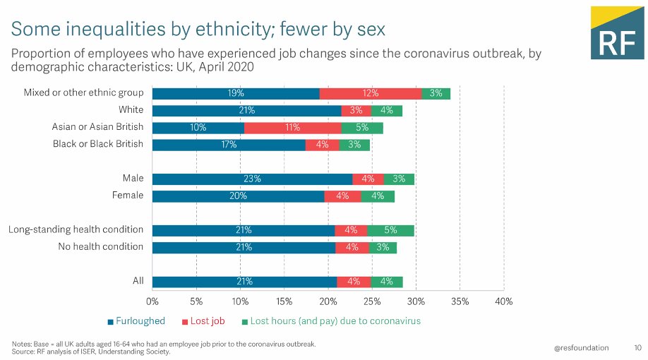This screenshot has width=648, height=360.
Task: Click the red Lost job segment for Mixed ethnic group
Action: tap(371, 94)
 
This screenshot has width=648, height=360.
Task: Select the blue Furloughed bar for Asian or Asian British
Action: tap(198, 128)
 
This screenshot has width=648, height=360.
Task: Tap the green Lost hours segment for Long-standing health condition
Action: tap(390, 230)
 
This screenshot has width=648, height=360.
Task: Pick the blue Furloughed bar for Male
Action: tap(252, 179)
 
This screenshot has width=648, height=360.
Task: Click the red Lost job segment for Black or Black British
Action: tap(323, 145)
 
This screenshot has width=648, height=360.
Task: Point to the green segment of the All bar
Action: tap(386, 282)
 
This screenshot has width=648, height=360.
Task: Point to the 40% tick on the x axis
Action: tap(503, 301)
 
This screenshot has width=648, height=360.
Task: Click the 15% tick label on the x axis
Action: tap(284, 301)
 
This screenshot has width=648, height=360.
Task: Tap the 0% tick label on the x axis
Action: tap(152, 301)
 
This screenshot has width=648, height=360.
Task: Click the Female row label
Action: tap(128, 196)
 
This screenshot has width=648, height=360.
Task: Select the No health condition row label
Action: tap(100, 246)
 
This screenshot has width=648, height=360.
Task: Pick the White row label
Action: tap(131, 110)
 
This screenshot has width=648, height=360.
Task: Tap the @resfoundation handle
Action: tap(581, 347)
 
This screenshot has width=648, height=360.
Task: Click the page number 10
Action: tap(637, 347)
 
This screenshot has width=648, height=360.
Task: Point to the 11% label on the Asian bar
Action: tap(292, 128)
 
